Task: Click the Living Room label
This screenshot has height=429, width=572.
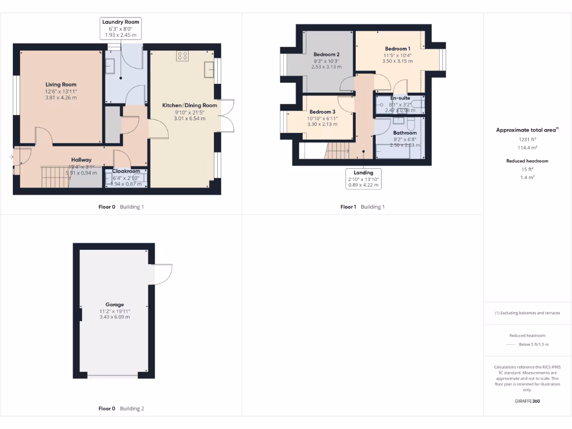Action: [x=61, y=85]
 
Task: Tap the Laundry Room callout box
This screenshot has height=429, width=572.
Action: [x=121, y=28]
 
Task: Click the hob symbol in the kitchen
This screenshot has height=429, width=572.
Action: [x=182, y=55]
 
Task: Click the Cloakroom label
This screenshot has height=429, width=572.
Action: [x=126, y=171]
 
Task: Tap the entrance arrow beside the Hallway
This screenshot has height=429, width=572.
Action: [x=11, y=157]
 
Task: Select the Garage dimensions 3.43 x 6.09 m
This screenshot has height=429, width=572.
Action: [x=115, y=317]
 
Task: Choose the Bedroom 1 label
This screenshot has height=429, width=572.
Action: [x=397, y=49]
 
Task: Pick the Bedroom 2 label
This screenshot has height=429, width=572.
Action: [x=326, y=54]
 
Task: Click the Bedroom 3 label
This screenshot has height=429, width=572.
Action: [x=322, y=112]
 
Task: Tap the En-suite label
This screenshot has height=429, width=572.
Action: [x=400, y=98]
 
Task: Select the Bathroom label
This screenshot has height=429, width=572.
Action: [x=405, y=133]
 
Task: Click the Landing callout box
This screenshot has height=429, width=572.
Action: [x=364, y=179]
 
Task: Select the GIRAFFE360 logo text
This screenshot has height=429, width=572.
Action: [x=527, y=401]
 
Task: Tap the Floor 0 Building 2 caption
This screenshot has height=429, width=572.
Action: [x=121, y=408]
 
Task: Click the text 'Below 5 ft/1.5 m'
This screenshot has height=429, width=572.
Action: [x=534, y=345]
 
